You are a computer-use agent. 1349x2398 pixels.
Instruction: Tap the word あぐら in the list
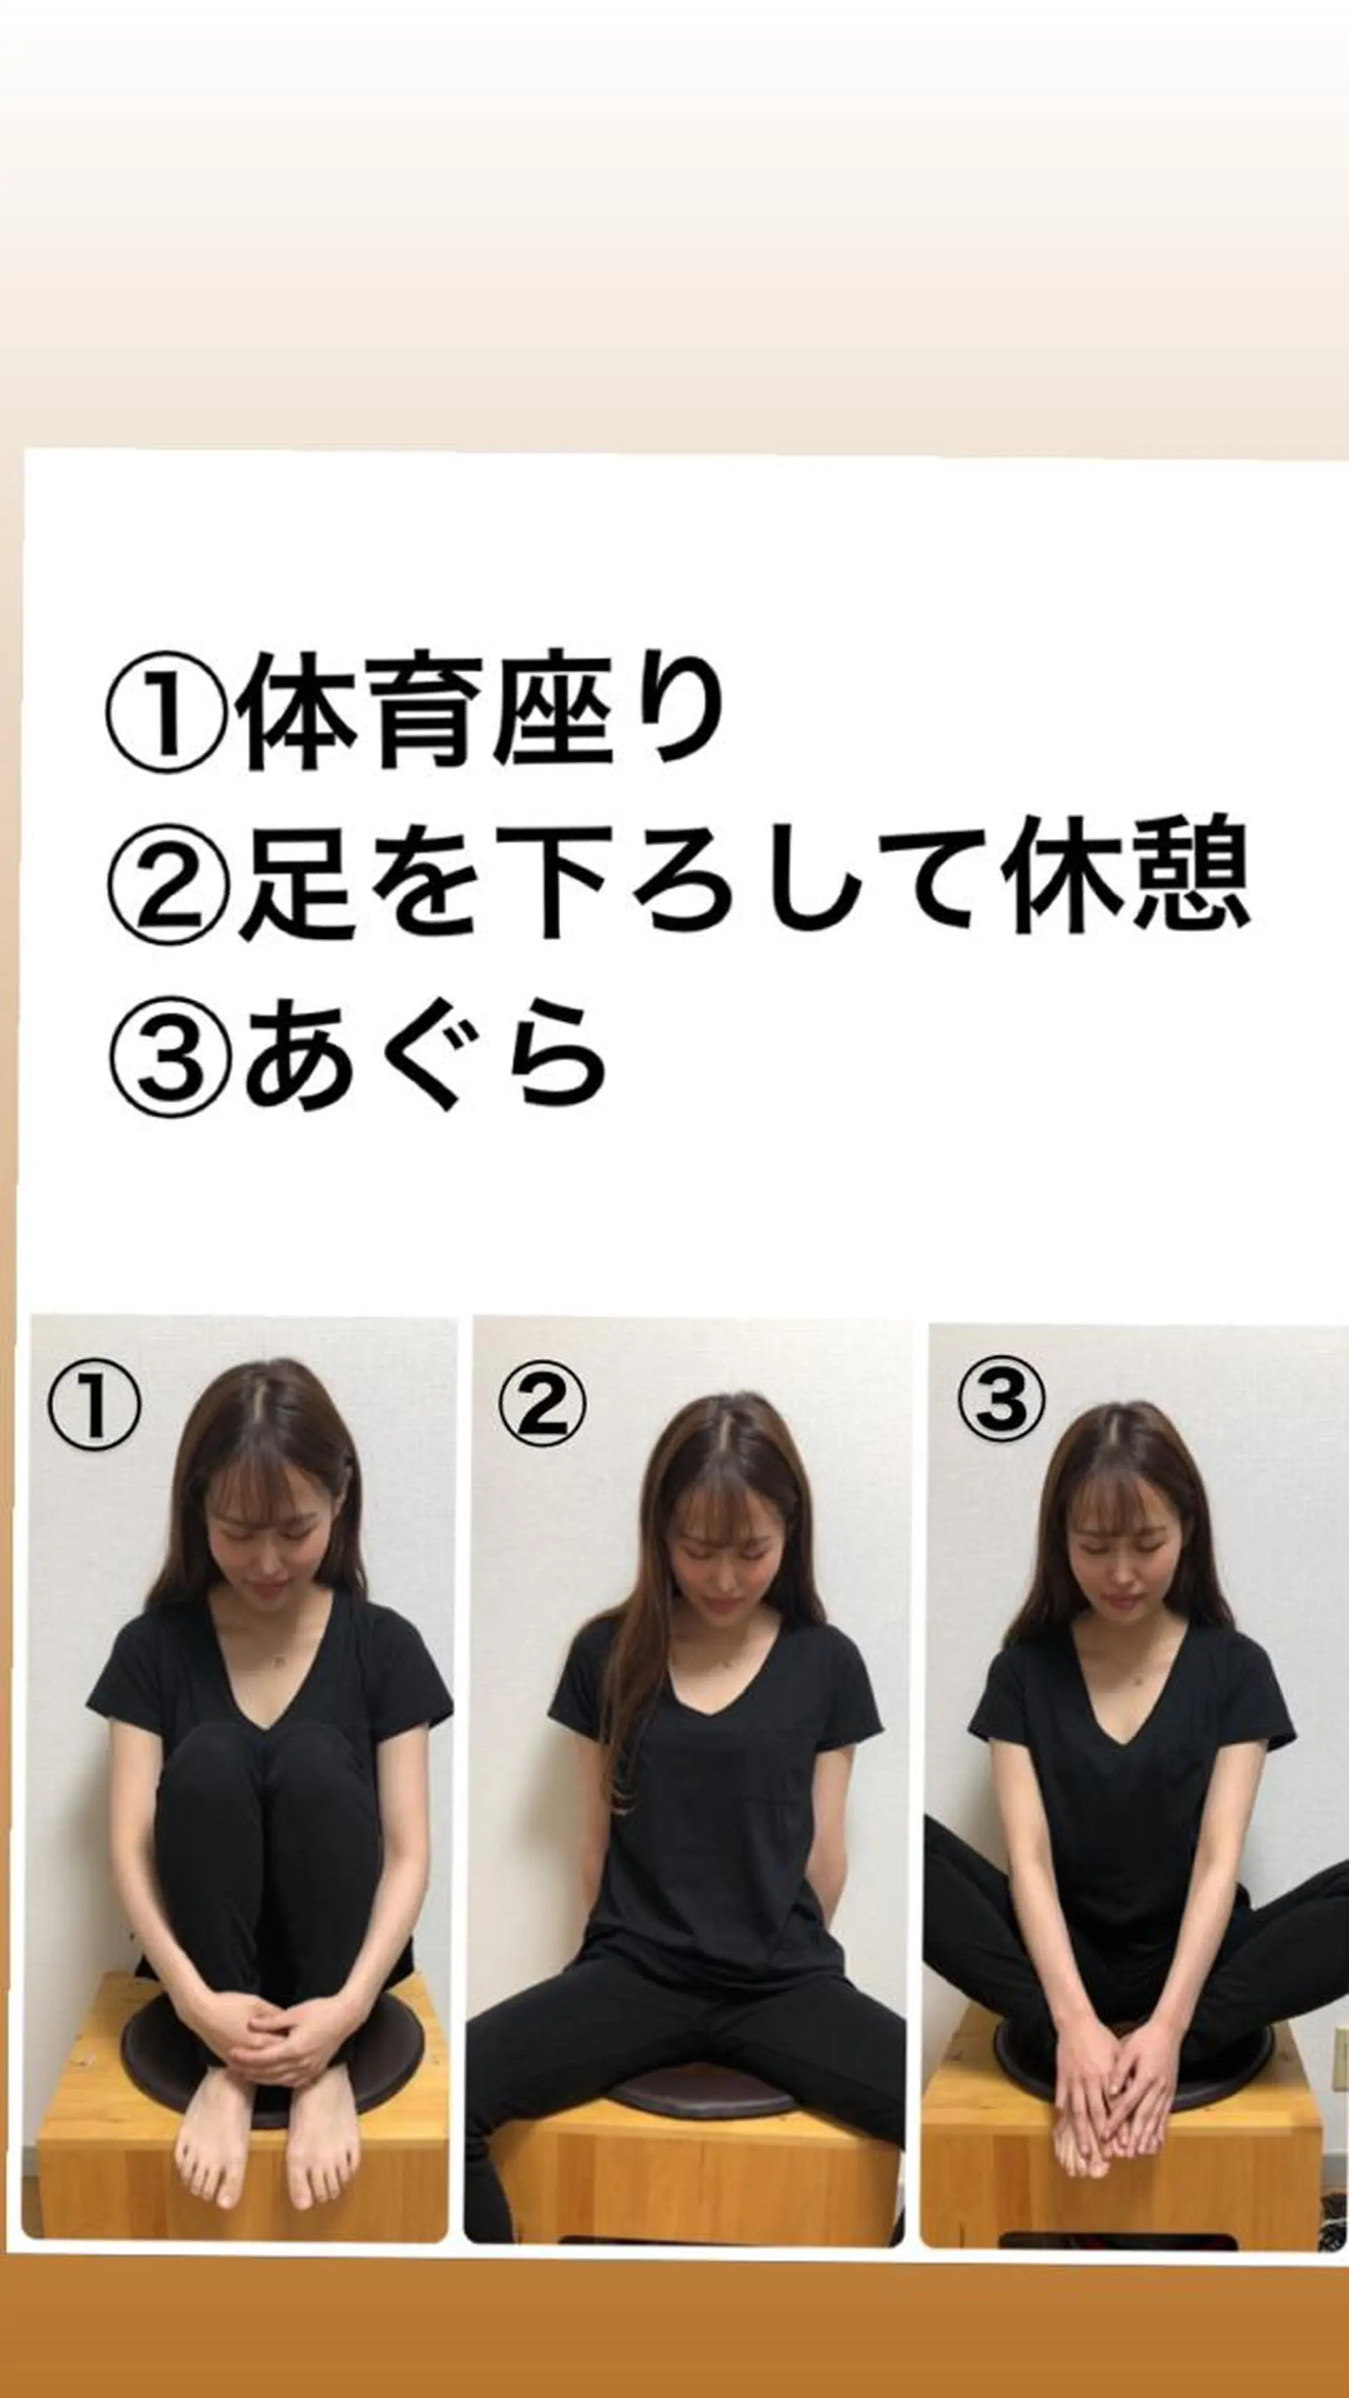coord(424,1057)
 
